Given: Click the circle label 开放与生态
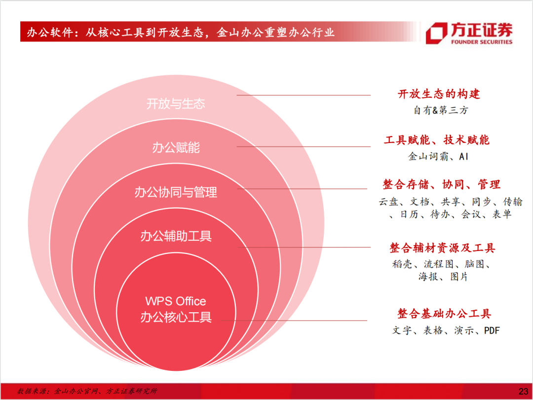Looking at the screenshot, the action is (176, 104).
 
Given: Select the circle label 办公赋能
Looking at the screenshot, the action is (176, 147).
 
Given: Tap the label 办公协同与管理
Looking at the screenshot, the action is (176, 192).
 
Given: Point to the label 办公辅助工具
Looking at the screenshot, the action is (176, 236).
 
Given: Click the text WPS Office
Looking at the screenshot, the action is (176, 301).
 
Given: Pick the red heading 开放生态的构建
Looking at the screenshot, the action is (439, 94).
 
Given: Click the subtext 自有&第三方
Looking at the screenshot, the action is (441, 110).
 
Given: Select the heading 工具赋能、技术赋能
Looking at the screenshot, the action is (436, 140).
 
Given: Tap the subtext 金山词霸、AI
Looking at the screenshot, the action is (438, 156).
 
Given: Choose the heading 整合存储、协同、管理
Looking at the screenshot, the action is (441, 184).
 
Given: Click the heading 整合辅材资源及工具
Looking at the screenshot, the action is (442, 248).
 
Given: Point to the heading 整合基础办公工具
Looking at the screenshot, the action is (444, 313).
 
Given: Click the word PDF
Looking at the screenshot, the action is (492, 330).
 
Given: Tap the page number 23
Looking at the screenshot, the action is (524, 392).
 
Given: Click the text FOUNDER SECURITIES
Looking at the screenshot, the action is (482, 42).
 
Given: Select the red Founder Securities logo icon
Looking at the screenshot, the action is (436, 33).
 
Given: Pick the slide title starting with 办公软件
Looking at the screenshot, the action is (181, 32).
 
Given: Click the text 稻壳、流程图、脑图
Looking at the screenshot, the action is (441, 264).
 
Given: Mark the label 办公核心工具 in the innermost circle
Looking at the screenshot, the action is (176, 317).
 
